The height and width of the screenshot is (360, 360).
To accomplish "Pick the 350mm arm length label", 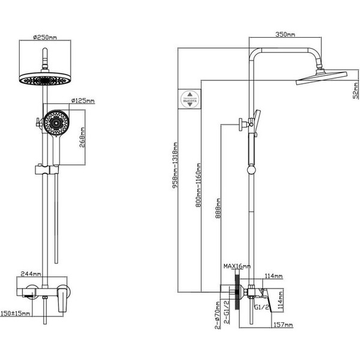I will tap(286, 35).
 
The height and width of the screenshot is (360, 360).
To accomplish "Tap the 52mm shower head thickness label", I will tap(356, 92).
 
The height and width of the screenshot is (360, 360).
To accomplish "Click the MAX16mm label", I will tap(236, 266).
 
